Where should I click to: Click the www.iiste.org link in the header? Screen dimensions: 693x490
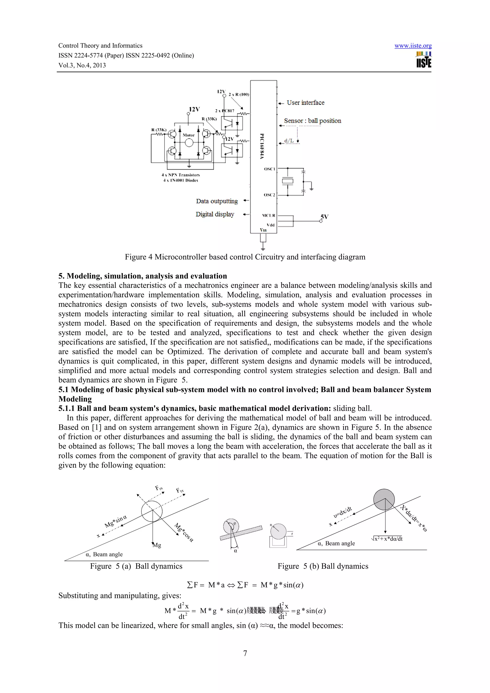(x=413, y=46)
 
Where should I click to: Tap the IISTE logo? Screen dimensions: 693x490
(x=423, y=60)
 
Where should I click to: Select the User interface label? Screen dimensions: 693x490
(x=305, y=103)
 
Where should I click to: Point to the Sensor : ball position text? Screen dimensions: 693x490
(x=312, y=121)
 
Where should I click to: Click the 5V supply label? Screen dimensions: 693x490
(x=324, y=217)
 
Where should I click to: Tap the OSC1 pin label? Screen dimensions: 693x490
(x=269, y=169)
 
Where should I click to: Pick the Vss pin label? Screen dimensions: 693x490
(x=263, y=230)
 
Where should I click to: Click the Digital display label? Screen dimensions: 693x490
(x=215, y=214)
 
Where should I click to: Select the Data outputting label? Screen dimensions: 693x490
(x=217, y=201)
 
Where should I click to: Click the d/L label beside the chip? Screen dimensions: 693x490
(x=289, y=141)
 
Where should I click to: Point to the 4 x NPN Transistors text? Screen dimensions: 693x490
(x=181, y=175)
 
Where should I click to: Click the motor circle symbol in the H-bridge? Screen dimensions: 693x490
(x=189, y=143)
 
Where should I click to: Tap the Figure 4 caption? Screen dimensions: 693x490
(x=245, y=257)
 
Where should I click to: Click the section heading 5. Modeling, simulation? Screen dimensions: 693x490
(x=143, y=276)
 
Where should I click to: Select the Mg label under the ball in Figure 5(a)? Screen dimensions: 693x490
(x=157, y=545)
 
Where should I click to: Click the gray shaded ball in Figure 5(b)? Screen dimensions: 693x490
(x=384, y=500)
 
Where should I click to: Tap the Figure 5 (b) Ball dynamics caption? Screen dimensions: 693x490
(x=323, y=566)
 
